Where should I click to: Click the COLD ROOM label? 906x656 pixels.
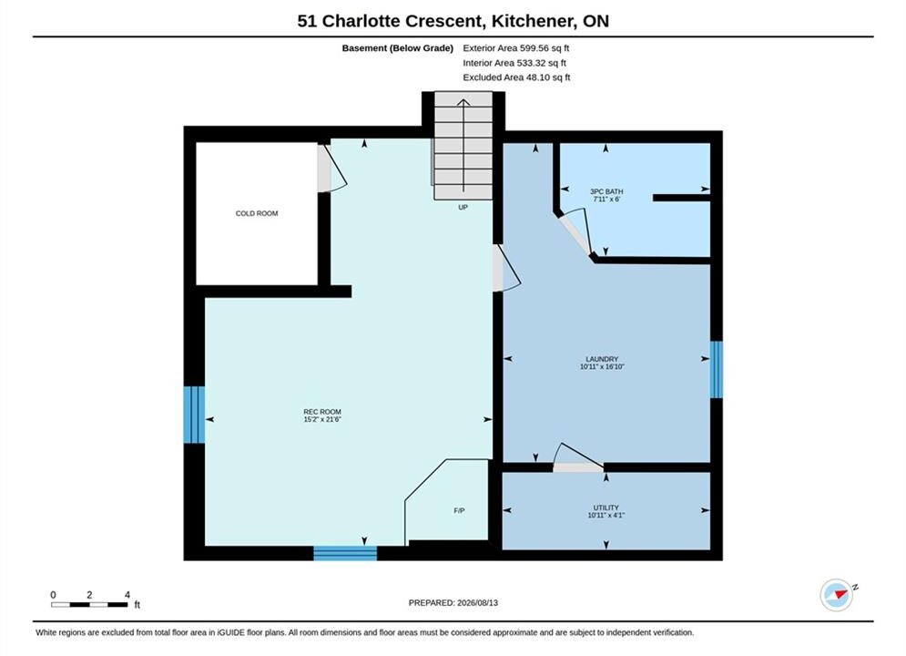point(257,213)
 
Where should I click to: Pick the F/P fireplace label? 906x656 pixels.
point(459,510)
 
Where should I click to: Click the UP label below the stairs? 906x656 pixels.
point(463,207)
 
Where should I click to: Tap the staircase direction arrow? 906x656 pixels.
point(463,145)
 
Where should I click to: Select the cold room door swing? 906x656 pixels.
point(331,168)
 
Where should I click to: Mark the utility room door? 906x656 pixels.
point(578,457)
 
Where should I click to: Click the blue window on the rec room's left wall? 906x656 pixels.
point(194,415)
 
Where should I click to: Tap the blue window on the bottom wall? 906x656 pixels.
point(345,553)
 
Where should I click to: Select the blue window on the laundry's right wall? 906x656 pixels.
point(717,369)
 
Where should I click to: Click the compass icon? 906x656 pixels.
point(837,595)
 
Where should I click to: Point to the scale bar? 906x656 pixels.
point(89,605)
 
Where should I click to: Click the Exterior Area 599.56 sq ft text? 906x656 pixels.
point(516,48)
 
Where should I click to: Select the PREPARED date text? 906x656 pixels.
point(453,602)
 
